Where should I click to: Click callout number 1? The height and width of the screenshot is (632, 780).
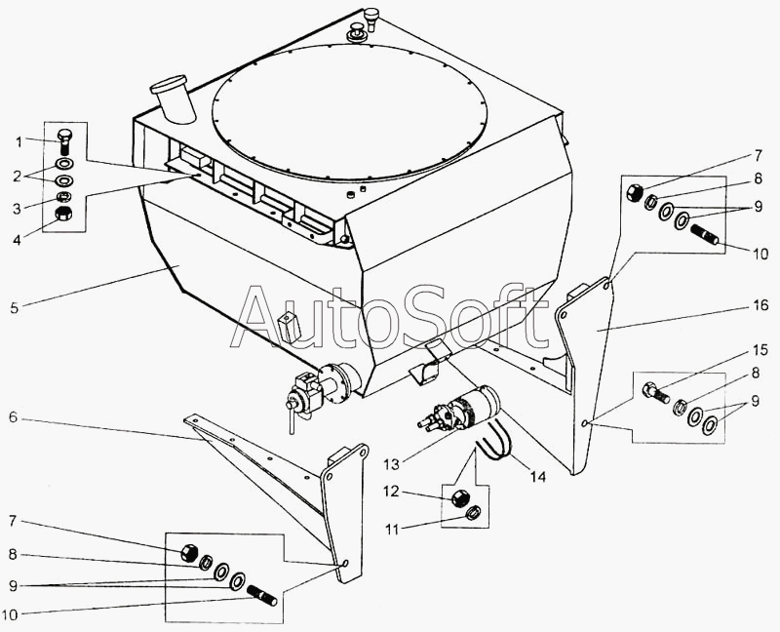(19, 142)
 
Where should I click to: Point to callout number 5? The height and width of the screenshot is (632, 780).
(14, 308)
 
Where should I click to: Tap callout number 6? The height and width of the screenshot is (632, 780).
(13, 417)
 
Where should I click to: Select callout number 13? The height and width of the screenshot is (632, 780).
(391, 464)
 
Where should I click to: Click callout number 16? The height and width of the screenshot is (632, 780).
(760, 304)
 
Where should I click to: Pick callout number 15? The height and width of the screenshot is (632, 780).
(760, 350)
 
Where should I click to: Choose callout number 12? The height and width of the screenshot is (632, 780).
(391, 492)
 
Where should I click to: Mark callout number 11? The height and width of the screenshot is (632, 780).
(392, 529)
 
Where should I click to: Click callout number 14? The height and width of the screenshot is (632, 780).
(538, 477)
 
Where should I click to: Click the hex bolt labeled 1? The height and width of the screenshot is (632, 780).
(64, 141)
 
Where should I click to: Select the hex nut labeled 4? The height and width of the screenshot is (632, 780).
(62, 214)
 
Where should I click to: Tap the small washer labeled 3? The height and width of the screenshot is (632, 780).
(62, 197)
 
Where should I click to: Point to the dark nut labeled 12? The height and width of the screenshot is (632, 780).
(459, 497)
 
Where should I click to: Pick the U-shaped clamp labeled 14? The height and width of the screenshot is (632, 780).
(495, 439)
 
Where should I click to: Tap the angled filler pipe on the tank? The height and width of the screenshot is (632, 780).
(173, 99)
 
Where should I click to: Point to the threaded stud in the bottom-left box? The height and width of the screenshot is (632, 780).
(261, 595)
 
